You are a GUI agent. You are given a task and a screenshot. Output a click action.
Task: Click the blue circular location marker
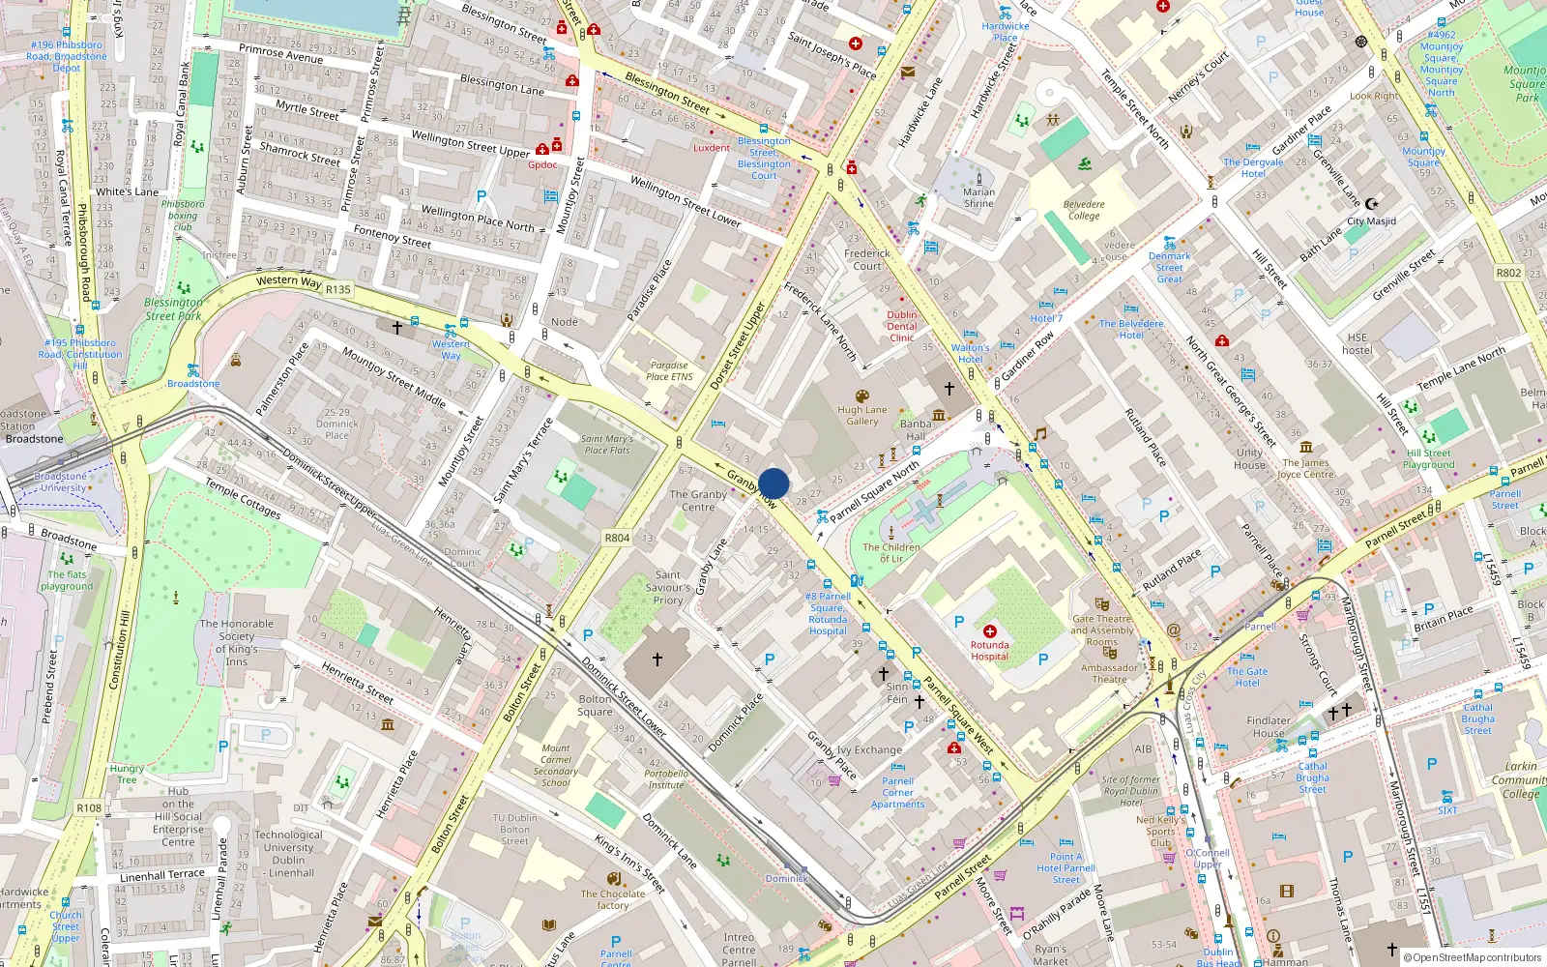tap(773, 483)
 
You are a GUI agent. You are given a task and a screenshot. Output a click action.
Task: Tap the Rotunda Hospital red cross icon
tap(989, 631)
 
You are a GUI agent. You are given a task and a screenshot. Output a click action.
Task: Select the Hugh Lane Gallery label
tap(861, 415)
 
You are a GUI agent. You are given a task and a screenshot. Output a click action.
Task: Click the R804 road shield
tap(617, 538)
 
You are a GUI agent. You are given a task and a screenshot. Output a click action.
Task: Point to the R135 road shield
tap(338, 289)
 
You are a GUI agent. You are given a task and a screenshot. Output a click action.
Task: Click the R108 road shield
tap(89, 807)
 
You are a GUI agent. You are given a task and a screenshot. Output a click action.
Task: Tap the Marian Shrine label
tap(978, 197)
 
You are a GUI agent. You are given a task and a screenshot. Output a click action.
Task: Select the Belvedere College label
tap(1084, 210)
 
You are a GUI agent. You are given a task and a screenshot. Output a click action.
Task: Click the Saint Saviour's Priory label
tap(668, 587)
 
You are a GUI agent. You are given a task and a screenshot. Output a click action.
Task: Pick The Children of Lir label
tap(891, 552)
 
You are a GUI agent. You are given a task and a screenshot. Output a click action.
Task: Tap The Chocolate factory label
tap(613, 899)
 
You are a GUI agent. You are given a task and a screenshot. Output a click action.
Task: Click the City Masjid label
tap(1371, 221)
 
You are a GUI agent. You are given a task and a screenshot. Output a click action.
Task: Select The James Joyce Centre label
tap(1305, 468)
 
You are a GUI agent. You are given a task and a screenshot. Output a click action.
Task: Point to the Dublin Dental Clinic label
tap(902, 326)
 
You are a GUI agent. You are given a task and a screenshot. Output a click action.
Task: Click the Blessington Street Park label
tap(174, 308)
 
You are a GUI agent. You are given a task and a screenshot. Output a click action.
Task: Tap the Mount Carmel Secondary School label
tap(556, 765)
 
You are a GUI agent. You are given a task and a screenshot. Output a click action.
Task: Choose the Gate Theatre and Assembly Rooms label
tap(1102, 630)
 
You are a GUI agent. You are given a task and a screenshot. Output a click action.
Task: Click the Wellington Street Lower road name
tap(686, 201)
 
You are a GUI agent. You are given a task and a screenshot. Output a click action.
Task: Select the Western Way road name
tap(288, 281)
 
